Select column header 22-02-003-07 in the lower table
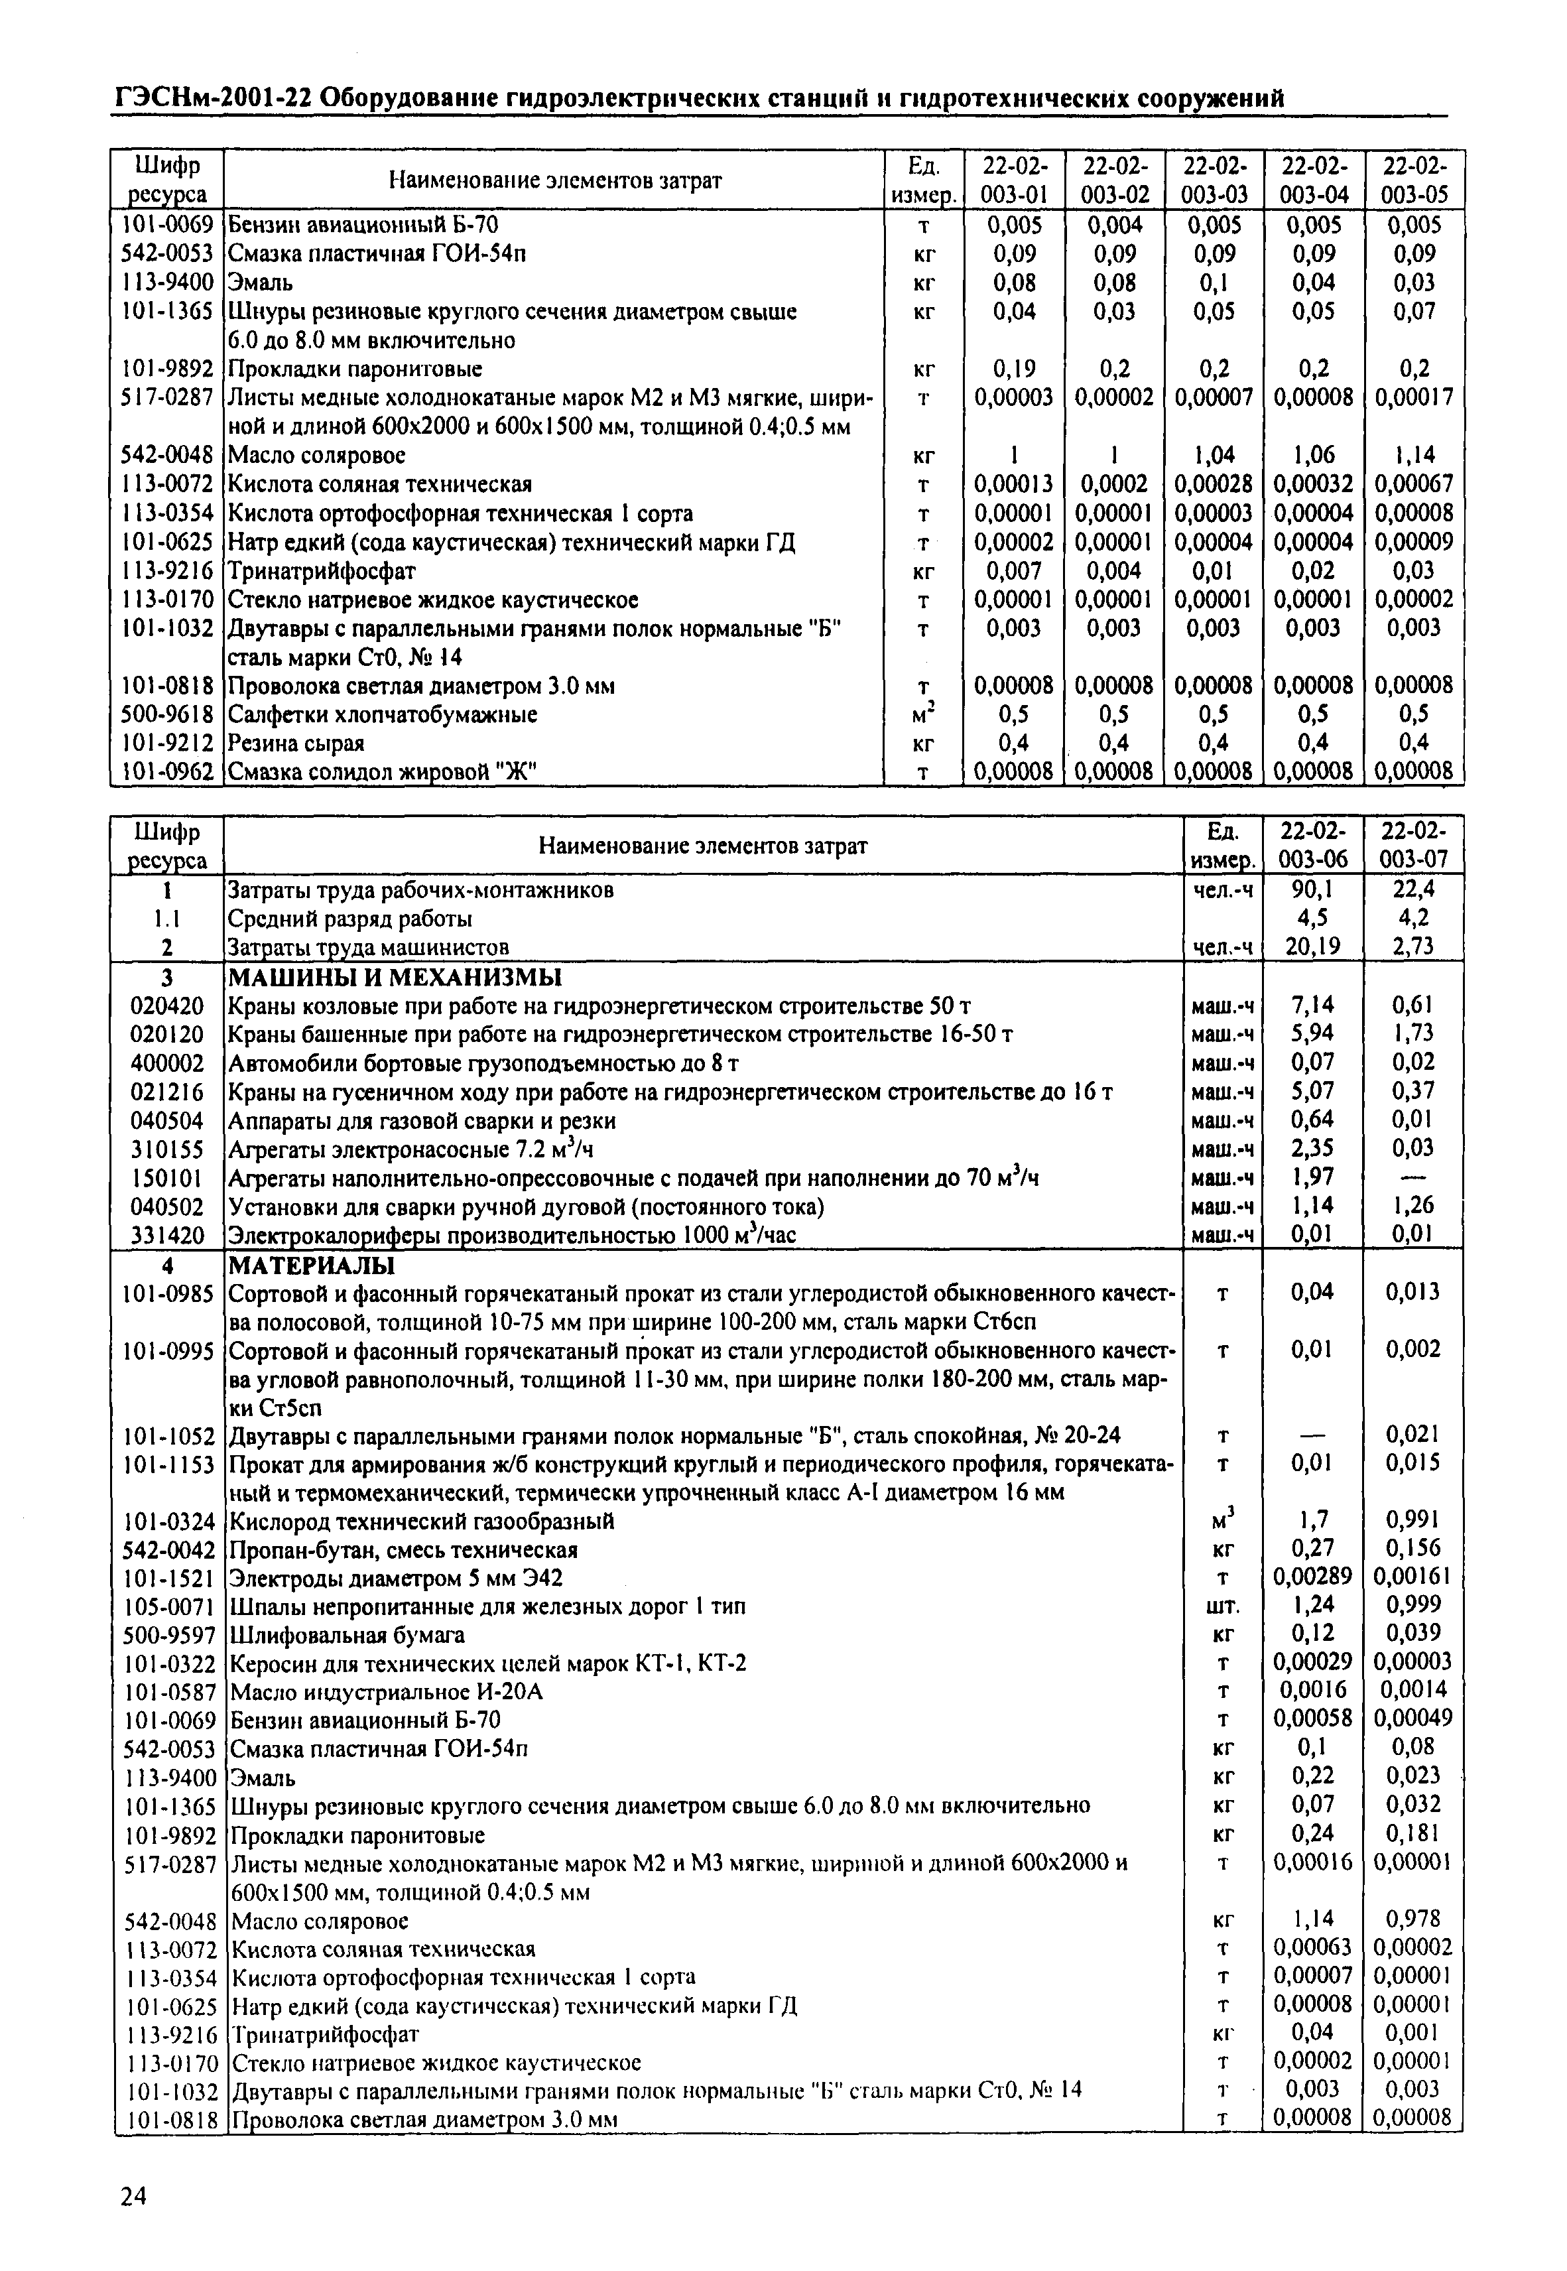click(1413, 846)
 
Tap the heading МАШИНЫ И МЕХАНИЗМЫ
click(395, 977)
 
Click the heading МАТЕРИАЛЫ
click(310, 1265)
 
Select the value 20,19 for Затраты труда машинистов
click(1312, 946)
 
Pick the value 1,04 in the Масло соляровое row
click(1214, 454)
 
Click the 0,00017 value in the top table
click(1414, 397)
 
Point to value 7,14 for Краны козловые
click(1312, 1006)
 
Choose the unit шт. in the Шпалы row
click(1222, 1606)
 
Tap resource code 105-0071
click(169, 1606)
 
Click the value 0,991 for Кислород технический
click(1413, 1521)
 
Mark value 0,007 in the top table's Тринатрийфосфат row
click(1013, 570)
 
